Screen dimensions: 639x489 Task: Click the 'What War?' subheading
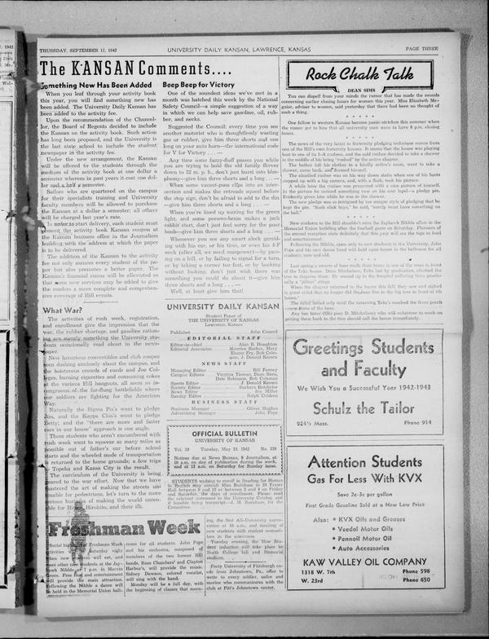(x=63, y=310)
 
